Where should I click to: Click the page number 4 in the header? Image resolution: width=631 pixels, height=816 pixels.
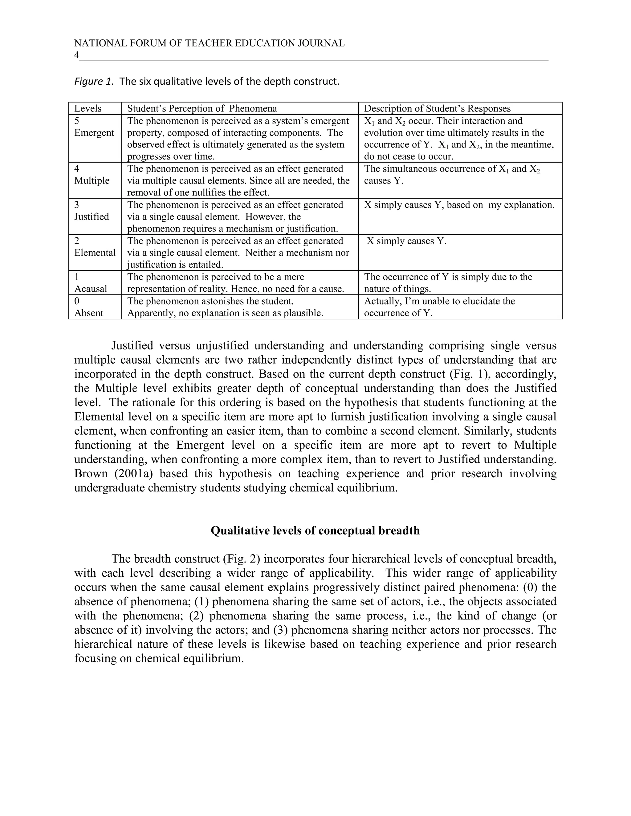(x=77, y=55)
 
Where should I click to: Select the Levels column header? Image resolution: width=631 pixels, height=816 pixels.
(x=88, y=109)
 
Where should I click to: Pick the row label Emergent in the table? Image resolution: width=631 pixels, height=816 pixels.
(x=94, y=133)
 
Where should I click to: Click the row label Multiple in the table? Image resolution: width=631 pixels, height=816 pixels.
(x=92, y=181)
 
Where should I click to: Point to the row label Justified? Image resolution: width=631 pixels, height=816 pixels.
(x=92, y=217)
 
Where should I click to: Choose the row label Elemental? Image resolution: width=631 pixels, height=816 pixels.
(x=95, y=253)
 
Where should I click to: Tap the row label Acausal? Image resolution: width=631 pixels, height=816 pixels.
(x=91, y=289)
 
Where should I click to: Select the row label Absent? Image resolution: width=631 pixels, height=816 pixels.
(x=89, y=313)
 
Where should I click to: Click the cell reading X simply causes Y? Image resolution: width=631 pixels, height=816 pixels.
(x=406, y=241)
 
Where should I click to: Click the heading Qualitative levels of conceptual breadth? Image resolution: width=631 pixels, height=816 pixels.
(x=315, y=531)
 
